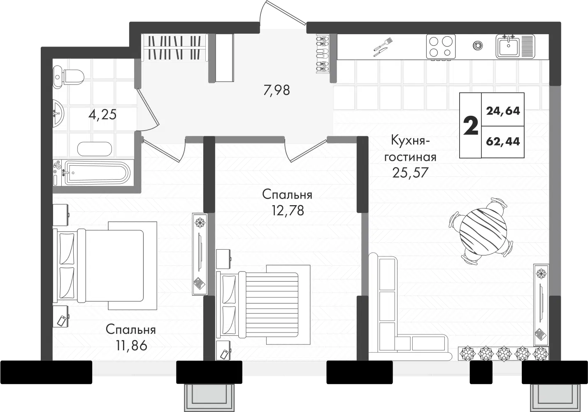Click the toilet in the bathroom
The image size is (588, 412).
coord(68,77)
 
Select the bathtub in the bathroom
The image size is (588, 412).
coord(91,173)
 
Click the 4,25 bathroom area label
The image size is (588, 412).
coord(102,115)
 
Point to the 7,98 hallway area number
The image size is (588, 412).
coord(277,90)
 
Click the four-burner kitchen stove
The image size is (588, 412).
coord(441,47)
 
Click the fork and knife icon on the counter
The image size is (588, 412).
coord(383,47)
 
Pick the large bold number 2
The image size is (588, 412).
coord(471,125)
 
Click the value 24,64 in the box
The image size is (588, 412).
coord(503,111)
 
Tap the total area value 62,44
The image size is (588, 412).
coord(503,142)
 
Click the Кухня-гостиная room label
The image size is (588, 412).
coord(410,149)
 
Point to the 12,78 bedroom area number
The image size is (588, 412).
coord(288,211)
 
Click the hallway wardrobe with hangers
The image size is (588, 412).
coord(174,47)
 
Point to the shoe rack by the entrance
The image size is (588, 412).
coord(323,54)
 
